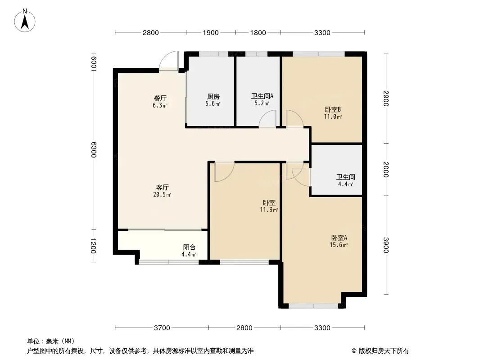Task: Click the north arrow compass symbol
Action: coord(25,21)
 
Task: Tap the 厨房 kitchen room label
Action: coord(213,97)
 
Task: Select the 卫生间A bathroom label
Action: coord(263,96)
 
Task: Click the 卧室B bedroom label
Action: coord(333,109)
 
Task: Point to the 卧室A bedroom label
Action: coord(339,238)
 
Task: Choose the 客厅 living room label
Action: coord(162,187)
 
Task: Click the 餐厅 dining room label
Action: coord(160,99)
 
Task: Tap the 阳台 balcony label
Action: coord(189,247)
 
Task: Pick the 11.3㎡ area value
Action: coord(269,210)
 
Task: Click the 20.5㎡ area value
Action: coord(162,194)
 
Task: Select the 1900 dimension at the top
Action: coord(211,33)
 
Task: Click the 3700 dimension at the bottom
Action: coord(162,328)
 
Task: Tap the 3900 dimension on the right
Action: coord(386,245)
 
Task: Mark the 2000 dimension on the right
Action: coord(386,169)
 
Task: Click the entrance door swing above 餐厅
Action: coord(169,61)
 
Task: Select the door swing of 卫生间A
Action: coord(267,119)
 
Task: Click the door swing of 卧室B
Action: coord(295,119)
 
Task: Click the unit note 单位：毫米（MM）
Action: coord(51,342)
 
